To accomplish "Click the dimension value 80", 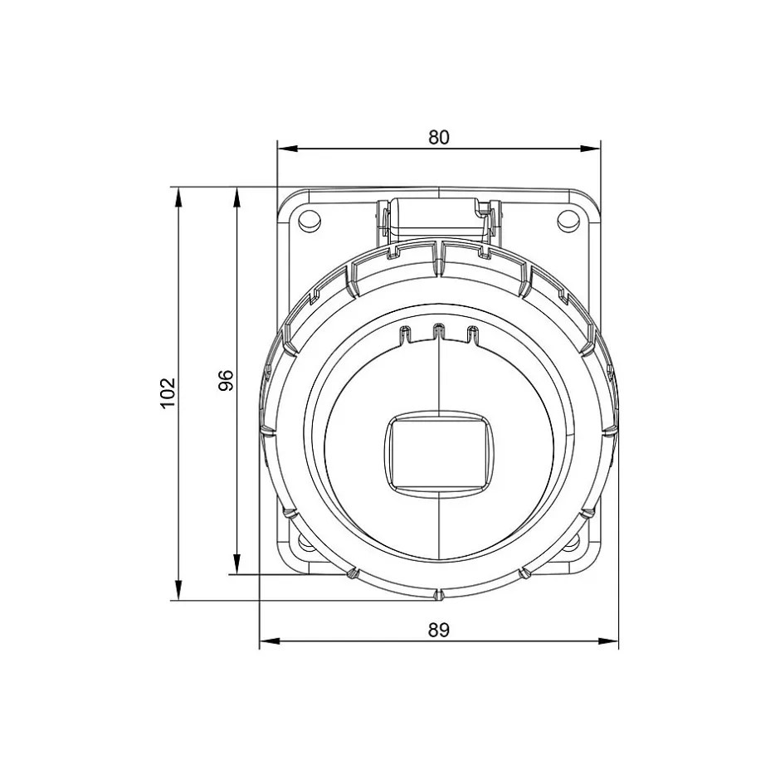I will coord(438,137).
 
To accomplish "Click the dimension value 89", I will coord(438,630).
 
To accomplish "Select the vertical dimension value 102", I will coord(168,392).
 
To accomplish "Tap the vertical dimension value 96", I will coord(227,380).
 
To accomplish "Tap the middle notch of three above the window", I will coord(438,332).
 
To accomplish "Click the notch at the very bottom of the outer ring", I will coord(437,595).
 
